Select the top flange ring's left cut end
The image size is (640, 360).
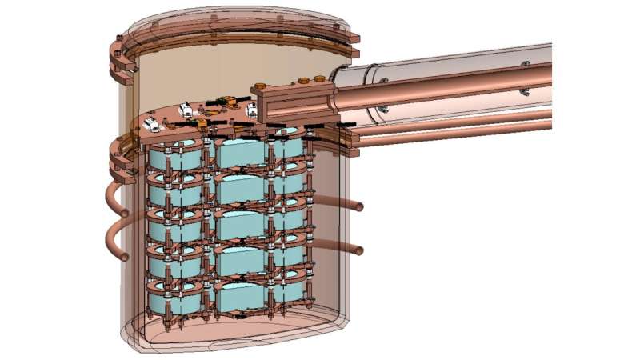tap(123, 48)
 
